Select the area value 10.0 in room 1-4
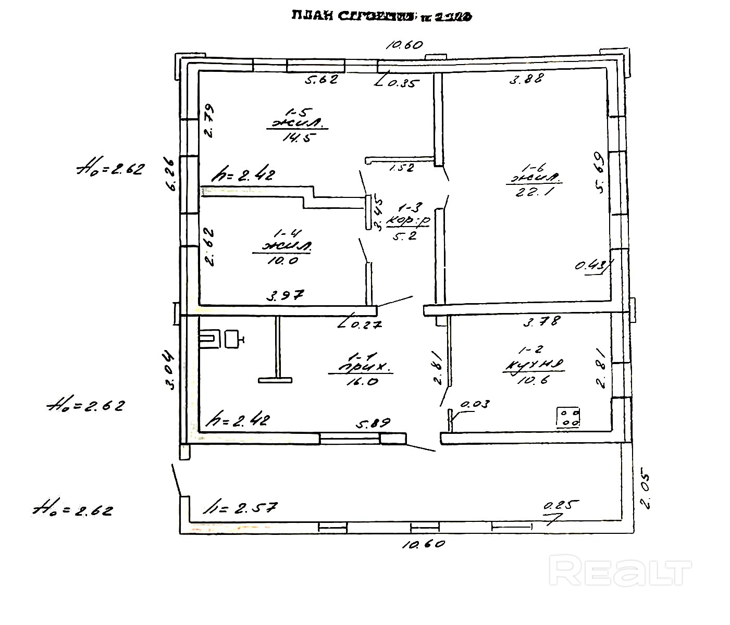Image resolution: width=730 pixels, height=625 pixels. point(282,260)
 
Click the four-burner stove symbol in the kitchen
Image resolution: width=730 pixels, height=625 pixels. point(568,417)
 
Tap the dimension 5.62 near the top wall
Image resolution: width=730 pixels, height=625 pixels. point(321,80)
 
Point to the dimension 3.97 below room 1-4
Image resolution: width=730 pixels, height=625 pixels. point(285,296)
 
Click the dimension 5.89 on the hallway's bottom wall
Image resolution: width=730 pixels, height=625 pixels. point(373,423)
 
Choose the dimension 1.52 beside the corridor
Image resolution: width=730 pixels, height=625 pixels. point(401,168)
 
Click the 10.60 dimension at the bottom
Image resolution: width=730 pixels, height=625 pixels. point(423,544)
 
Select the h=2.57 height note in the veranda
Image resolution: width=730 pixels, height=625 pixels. point(241,506)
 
